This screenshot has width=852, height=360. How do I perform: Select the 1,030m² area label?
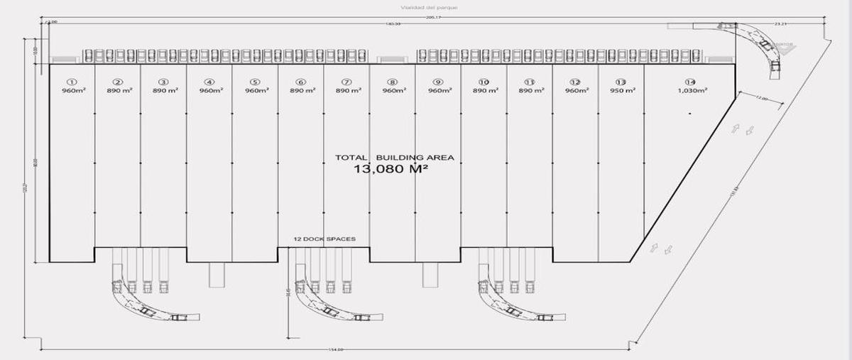(692, 91)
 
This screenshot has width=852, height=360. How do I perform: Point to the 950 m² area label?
(621, 91)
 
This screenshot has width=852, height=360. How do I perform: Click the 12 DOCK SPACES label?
(324, 239)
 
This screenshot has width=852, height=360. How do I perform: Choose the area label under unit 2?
(118, 91)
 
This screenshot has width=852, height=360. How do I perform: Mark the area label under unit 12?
(576, 91)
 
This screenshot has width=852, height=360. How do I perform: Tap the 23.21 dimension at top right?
(781, 24)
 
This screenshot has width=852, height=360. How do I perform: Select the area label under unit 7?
(346, 91)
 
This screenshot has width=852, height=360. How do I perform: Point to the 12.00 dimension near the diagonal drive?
(762, 99)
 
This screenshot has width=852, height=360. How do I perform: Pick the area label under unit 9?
(438, 91)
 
